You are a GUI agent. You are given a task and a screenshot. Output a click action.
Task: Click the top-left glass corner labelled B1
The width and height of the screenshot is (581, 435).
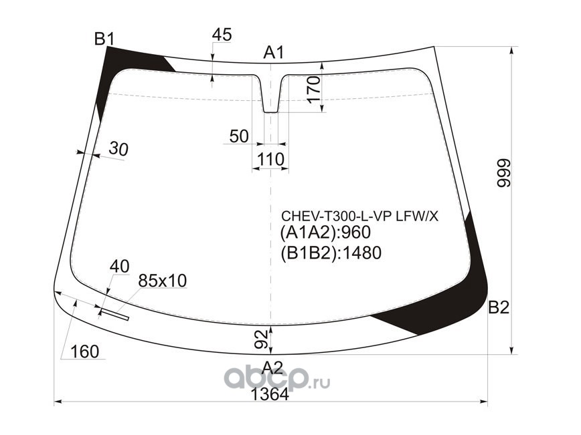106,46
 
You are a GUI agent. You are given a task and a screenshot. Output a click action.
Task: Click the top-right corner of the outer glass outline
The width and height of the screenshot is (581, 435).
434,47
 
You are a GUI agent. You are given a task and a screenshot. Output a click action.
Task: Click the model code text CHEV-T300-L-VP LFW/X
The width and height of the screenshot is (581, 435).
360,216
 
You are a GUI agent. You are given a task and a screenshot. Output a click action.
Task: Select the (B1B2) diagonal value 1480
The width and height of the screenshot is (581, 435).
361,253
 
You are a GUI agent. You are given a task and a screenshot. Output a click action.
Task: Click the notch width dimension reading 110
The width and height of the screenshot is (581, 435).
271,160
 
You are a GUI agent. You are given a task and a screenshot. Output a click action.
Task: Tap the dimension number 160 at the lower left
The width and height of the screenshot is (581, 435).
84,351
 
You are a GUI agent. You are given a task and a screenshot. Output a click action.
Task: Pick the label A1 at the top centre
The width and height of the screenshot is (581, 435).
274,53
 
